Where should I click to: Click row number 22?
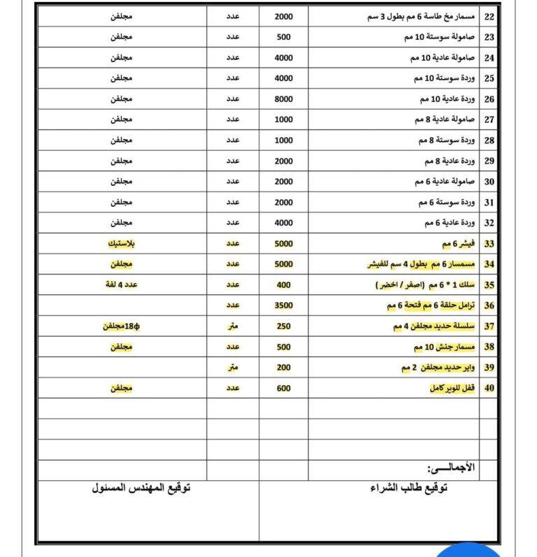click(489, 16)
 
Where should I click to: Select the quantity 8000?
click(283, 99)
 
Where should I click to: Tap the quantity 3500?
click(283, 305)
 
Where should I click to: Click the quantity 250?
click(283, 326)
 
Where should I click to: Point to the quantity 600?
click(283, 388)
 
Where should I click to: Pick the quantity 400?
click(283, 285)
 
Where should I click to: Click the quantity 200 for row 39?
click(283, 368)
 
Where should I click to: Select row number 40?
click(489, 388)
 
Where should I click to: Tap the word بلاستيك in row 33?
click(122, 244)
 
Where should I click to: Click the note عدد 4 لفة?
click(122, 285)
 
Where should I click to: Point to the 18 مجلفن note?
click(122, 326)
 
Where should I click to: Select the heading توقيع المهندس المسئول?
click(141, 488)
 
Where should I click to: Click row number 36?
click(489, 305)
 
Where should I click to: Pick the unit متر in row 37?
click(232, 326)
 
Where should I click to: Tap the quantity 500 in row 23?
click(283, 37)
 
